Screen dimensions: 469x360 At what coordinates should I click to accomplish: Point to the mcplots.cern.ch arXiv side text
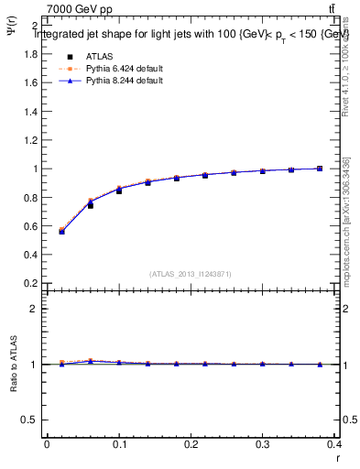[x=345, y=220]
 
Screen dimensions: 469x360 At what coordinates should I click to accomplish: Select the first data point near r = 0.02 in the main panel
[x=61, y=231]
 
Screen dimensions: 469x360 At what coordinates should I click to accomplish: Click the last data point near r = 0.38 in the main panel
[x=319, y=169]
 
